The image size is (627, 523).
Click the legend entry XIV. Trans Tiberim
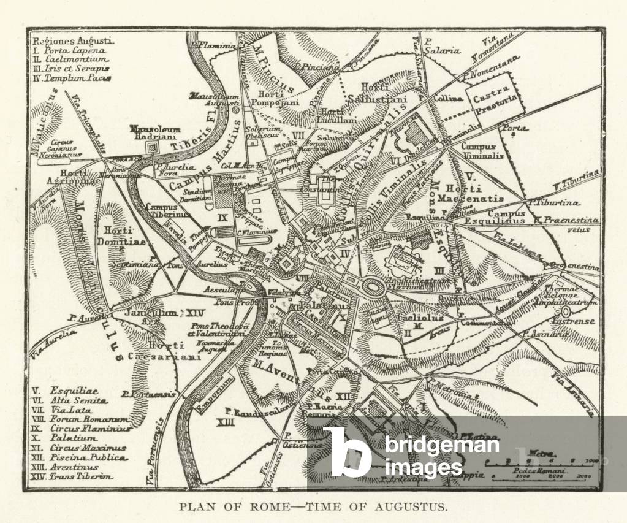[72, 476]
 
